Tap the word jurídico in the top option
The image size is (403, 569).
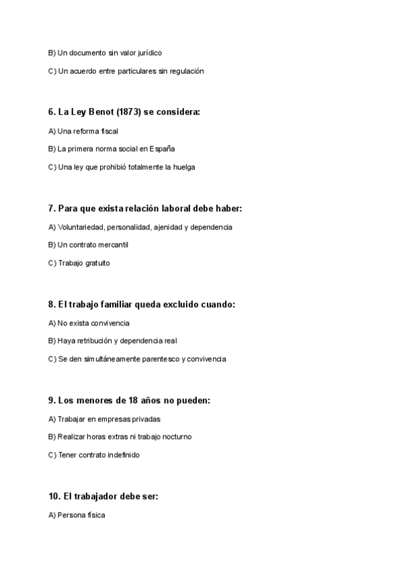[x=148, y=52]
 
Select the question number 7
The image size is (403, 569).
[x=52, y=209]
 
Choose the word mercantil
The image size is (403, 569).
[x=114, y=245]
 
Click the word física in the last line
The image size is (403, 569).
[x=95, y=515]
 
